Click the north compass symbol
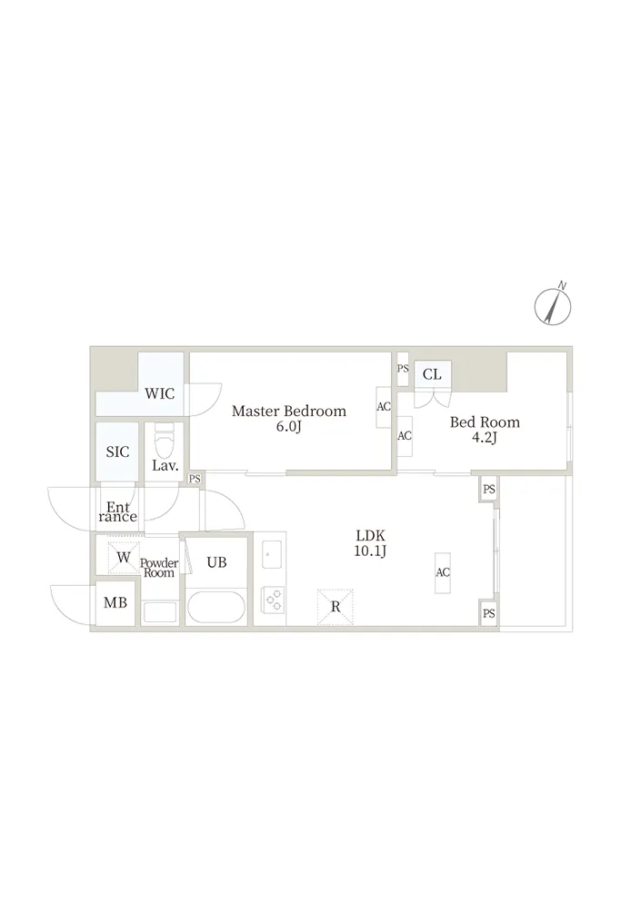[x=553, y=305]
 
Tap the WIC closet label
[x=160, y=393]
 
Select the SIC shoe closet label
[x=117, y=452]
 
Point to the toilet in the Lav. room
[x=165, y=441]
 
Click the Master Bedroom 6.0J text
[x=289, y=419]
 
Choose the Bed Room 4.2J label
[x=485, y=430]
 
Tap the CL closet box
[x=432, y=373]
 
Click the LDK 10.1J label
[x=370, y=543]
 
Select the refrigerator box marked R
[x=335, y=607]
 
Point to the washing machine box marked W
[x=124, y=558]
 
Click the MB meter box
[x=115, y=603]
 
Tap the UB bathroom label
[x=216, y=562]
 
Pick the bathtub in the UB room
[x=216, y=608]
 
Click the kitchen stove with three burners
[x=273, y=600]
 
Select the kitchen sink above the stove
[x=272, y=554]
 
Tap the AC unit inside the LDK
[x=443, y=573]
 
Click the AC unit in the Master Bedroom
[x=384, y=407]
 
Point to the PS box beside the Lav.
[x=195, y=479]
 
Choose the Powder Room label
[x=159, y=568]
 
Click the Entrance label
[x=117, y=511]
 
